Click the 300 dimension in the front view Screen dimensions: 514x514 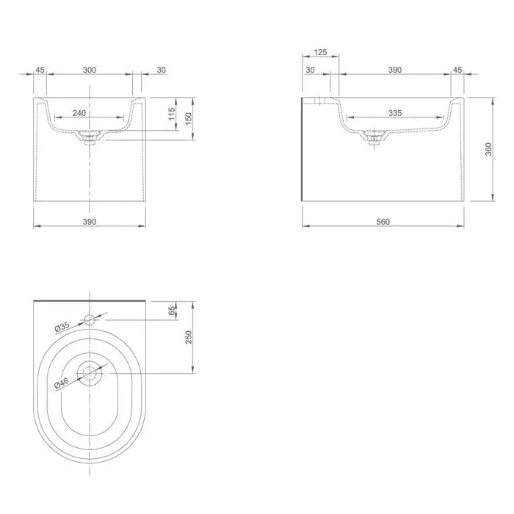tap(90, 70)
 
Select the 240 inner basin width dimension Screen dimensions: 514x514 tap(79, 113)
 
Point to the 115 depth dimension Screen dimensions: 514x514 tap(172, 114)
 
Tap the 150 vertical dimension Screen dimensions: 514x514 tap(189, 118)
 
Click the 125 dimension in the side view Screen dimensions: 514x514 tap(320, 52)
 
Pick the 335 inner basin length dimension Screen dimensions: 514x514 tap(395, 113)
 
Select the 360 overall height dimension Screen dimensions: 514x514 tap(488, 149)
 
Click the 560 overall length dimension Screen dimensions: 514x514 tap(383, 222)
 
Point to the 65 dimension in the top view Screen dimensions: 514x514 tap(172, 311)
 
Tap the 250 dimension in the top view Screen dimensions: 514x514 tap(189, 337)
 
